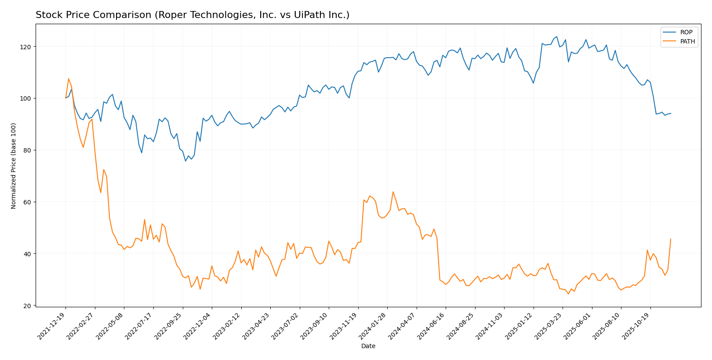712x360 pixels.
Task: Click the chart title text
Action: click(193, 15)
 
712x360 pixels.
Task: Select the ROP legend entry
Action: click(686, 33)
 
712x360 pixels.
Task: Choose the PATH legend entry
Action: click(687, 42)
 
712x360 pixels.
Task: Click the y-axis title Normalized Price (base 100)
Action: click(14, 166)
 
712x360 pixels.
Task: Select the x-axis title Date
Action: click(368, 346)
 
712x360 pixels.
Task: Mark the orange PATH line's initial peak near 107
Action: click(69, 79)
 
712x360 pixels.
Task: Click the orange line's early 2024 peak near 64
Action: click(393, 192)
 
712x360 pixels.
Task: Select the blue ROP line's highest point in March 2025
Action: click(556, 36)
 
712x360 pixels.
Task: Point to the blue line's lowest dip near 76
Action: click(185, 161)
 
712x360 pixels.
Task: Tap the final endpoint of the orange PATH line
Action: click(671, 239)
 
